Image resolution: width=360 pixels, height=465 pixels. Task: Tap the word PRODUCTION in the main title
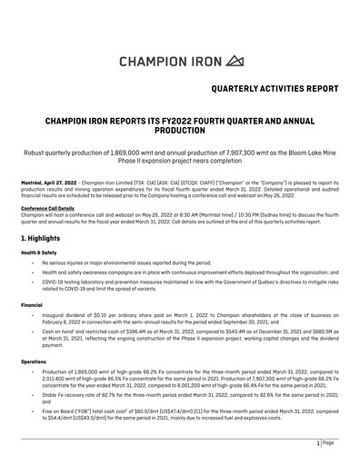coord(179,130)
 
